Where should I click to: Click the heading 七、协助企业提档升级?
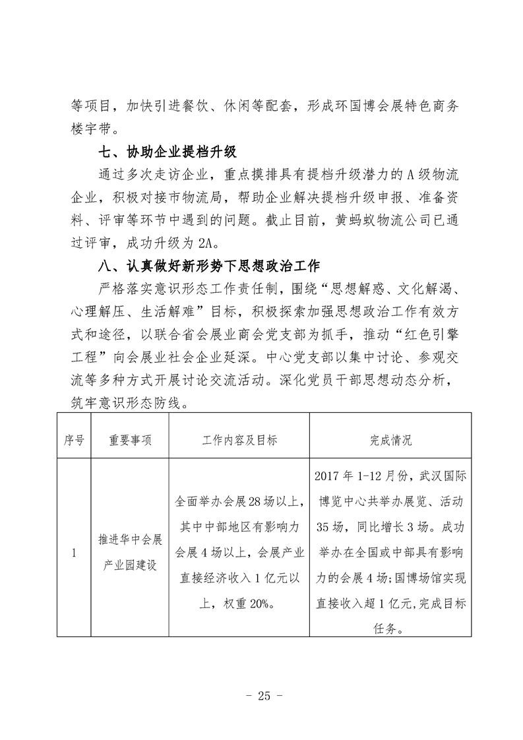point(166,154)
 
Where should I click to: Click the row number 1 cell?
point(73,553)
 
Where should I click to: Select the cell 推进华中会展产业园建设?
point(131,553)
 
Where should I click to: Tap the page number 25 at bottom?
point(261,696)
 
